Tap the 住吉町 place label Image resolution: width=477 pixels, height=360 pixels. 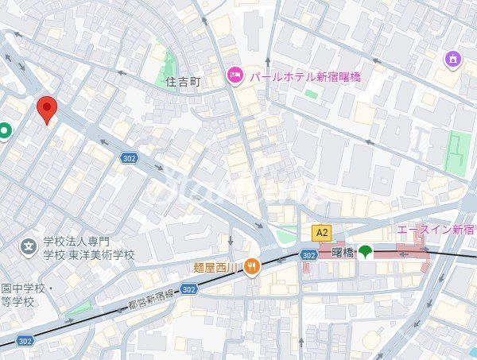pyautogui.click(x=184, y=81)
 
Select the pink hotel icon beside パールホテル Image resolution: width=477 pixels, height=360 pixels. pyautogui.click(x=235, y=76)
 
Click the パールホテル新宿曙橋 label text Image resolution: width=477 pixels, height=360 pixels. pyautogui.click(x=304, y=77)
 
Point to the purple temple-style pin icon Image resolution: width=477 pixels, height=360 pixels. pyautogui.click(x=453, y=58)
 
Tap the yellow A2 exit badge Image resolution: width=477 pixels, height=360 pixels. pyautogui.click(x=321, y=233)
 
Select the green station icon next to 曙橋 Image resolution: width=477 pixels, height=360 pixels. pyautogui.click(x=365, y=253)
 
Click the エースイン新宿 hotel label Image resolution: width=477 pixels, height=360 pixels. pyautogui.click(x=436, y=230)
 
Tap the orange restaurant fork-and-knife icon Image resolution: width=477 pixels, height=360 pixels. pyautogui.click(x=251, y=266)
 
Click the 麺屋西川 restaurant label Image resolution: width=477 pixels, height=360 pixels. pyautogui.click(x=216, y=267)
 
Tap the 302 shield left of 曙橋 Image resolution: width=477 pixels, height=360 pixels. pyautogui.click(x=309, y=255)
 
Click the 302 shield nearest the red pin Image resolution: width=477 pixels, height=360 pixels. pyautogui.click(x=130, y=158)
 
